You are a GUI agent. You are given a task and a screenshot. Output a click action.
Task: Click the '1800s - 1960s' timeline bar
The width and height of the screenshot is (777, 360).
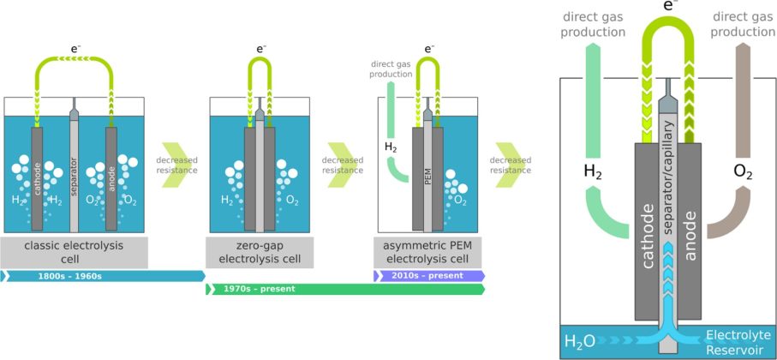[x=103, y=276]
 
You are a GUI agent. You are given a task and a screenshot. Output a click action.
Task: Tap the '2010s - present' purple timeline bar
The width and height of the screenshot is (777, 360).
[x=429, y=276]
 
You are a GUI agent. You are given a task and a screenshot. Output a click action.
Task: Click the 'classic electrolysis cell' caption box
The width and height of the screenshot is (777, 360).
[x=75, y=252]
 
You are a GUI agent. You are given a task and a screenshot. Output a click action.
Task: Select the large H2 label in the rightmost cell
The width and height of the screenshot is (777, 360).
[x=592, y=171]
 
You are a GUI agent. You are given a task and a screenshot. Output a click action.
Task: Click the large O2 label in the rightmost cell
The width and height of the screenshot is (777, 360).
[x=743, y=171]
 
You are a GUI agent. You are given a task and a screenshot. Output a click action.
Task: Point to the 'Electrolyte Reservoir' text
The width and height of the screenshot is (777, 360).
[x=737, y=341]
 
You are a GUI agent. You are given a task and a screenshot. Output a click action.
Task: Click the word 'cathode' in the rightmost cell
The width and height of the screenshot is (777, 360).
[x=648, y=231]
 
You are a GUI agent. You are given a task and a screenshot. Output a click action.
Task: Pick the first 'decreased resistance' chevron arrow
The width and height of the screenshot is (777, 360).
[x=177, y=164]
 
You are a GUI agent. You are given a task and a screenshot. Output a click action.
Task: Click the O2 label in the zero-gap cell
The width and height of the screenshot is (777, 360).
[x=291, y=201]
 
